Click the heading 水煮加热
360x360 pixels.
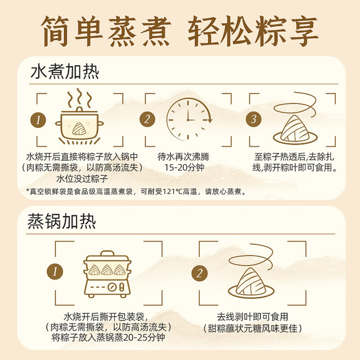tap(65, 72)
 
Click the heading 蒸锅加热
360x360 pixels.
tap(61, 221)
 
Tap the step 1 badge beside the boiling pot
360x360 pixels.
tap(38, 120)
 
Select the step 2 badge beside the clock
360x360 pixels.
tap(147, 119)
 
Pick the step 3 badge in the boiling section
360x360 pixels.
tap(254, 119)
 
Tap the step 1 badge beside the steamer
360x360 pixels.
tap(55, 272)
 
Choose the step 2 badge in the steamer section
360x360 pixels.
tap(200, 273)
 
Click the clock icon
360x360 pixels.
tap(189, 119)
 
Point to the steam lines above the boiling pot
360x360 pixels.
tap(79, 97)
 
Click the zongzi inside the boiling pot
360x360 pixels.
tap(79, 129)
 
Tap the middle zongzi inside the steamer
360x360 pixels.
tap(107, 270)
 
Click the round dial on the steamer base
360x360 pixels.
tap(112, 287)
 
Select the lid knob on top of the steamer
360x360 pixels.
tap(107, 253)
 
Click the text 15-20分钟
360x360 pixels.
tap(184, 168)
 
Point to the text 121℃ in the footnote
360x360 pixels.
tap(172, 191)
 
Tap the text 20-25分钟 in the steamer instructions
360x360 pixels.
tap(144, 337)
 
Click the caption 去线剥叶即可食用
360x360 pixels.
tap(253, 317)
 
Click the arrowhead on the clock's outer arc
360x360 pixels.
tap(209, 120)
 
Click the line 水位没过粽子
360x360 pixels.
tap(82, 178)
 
